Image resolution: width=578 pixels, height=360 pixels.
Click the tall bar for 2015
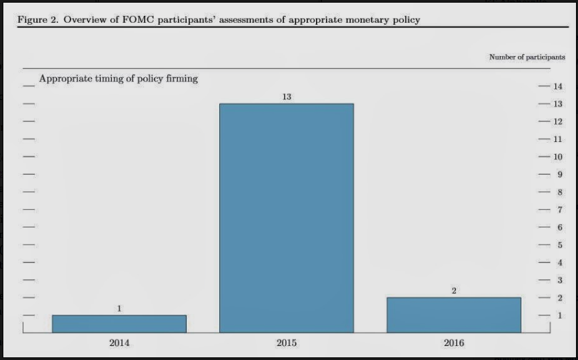point(287,217)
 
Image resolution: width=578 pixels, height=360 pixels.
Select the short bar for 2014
point(119,323)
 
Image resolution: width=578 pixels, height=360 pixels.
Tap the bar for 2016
point(454,315)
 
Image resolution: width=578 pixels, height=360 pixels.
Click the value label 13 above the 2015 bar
point(287,97)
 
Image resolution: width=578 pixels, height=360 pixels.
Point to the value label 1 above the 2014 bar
point(119,309)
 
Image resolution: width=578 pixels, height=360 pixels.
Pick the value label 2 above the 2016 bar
point(454,291)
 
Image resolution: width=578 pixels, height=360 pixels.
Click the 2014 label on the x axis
point(119,343)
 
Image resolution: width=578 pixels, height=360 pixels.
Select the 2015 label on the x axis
point(287,343)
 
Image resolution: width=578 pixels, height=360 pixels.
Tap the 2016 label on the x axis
point(454,343)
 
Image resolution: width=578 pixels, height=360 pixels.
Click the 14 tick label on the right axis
point(557,87)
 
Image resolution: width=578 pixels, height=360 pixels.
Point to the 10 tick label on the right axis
point(557,157)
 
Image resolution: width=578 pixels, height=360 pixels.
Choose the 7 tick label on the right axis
point(559,210)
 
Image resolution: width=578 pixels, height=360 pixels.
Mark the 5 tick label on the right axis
point(559,245)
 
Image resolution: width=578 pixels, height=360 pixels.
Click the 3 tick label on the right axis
point(559,280)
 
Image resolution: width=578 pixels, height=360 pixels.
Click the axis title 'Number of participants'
point(527,57)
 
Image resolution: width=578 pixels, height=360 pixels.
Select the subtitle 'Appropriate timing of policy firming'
point(119,79)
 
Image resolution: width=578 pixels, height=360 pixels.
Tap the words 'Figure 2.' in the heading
point(37,19)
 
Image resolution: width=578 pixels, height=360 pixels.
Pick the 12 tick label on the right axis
point(557,122)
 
